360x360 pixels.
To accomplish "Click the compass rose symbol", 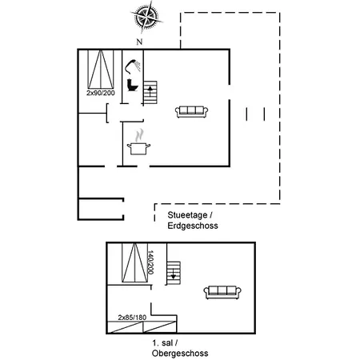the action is tap(146, 17).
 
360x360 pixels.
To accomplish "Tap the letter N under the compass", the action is tap(139, 42).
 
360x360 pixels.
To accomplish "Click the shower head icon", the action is tap(133, 67).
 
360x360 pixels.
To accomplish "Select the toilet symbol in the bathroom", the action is tap(133, 85).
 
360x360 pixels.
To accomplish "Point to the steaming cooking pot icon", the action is tap(138, 142).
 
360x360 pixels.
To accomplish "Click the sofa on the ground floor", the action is tap(191, 112).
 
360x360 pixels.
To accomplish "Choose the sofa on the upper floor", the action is tap(222, 292).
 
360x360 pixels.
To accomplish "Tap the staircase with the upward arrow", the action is tap(150, 93).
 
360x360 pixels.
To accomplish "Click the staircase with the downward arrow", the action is tap(174, 273).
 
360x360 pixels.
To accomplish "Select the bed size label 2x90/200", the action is tap(101, 93).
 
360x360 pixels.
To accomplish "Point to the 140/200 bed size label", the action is tap(150, 262).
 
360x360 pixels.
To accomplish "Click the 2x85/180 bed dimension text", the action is tap(132, 318).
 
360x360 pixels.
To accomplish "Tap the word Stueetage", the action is tap(187, 215).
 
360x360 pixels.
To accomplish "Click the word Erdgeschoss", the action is tap(193, 226).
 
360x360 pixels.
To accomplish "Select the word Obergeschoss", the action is tap(180, 354).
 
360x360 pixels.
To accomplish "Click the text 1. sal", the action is tap(162, 342).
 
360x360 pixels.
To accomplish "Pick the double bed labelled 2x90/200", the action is tap(101, 70).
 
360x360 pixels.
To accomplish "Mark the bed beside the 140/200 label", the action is tap(134, 262).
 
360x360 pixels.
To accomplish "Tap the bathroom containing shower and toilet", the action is tap(133, 77).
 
